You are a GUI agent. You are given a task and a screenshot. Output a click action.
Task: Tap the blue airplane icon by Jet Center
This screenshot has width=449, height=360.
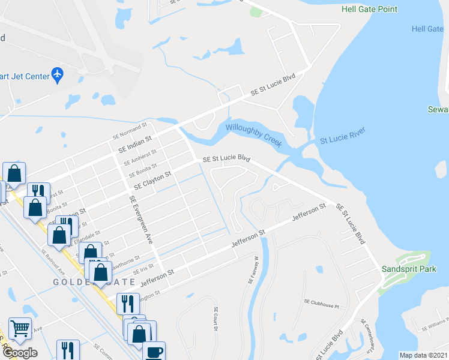58,74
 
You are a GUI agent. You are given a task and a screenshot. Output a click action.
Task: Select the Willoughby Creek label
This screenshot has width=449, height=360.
254,135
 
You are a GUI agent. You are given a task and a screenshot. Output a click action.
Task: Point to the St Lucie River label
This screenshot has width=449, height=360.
342,136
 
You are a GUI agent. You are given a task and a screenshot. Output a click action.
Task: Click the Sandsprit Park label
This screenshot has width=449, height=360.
409,269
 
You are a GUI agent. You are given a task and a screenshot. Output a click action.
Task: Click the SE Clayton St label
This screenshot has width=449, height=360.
153,179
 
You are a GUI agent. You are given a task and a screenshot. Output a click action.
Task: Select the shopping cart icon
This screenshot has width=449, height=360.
20,328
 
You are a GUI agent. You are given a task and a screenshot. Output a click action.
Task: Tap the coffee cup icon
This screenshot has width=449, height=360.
154,352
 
